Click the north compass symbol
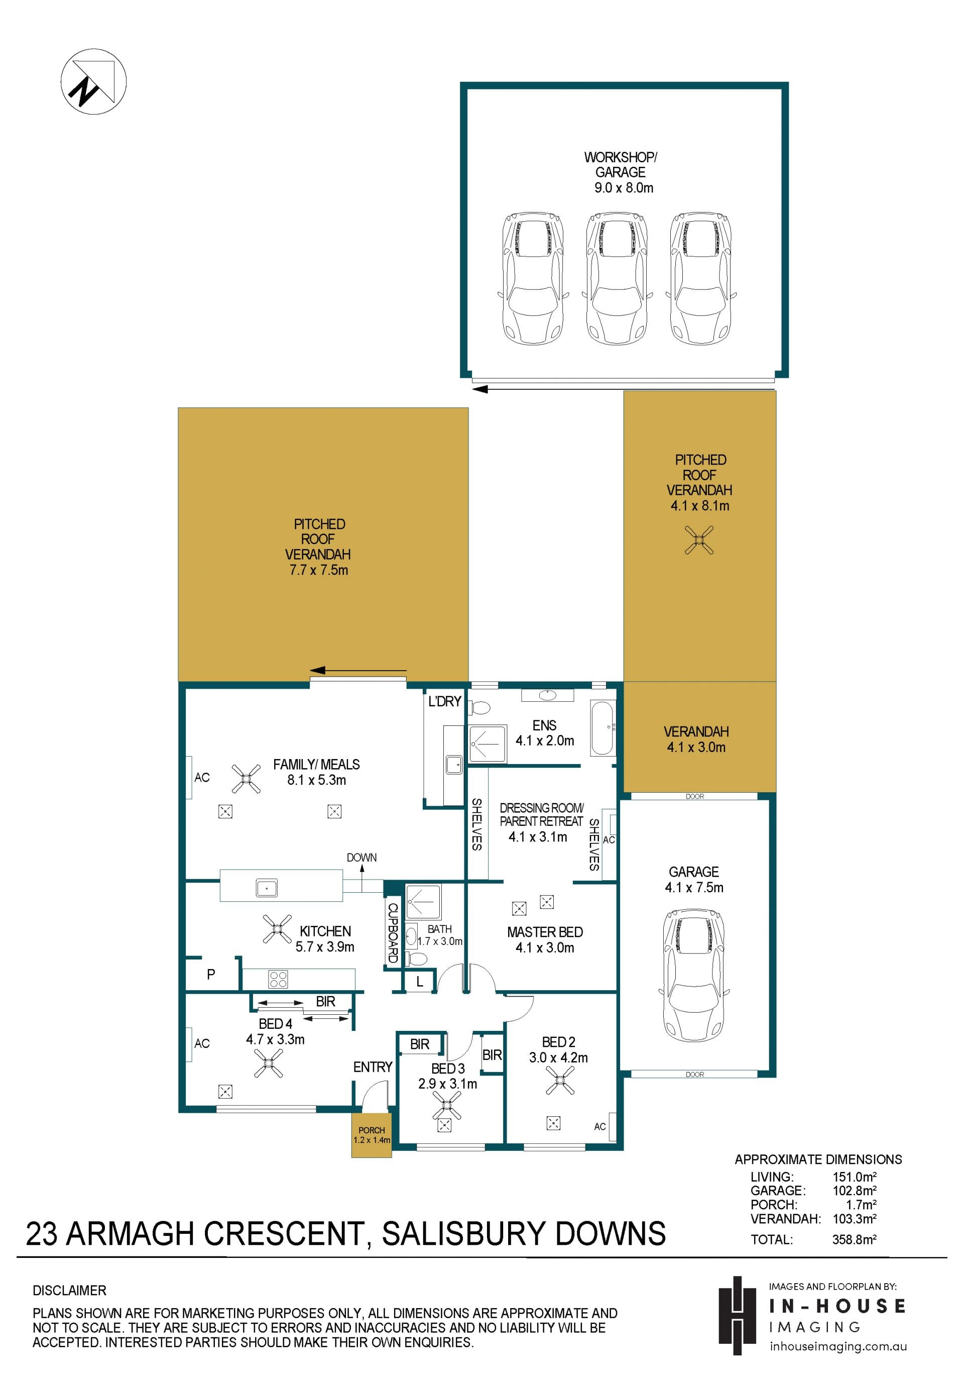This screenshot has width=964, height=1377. point(93,81)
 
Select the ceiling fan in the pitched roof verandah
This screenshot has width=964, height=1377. point(699,540)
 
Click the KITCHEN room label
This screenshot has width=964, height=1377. point(325,931)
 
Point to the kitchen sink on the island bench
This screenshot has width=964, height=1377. point(266,887)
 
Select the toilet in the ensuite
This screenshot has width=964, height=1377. point(479,708)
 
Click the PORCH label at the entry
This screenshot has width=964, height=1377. point(372,1130)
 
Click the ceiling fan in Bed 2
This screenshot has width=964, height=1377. point(560,1080)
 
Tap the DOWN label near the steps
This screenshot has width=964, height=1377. point(361,858)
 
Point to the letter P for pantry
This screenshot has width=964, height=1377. point(211,975)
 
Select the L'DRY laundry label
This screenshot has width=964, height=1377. point(444,701)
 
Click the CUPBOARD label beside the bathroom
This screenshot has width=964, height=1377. point(393,932)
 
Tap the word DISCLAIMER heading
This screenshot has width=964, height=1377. point(70,1290)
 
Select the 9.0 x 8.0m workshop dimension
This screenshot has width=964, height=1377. point(624,188)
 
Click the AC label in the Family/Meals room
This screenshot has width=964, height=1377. point(202,777)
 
